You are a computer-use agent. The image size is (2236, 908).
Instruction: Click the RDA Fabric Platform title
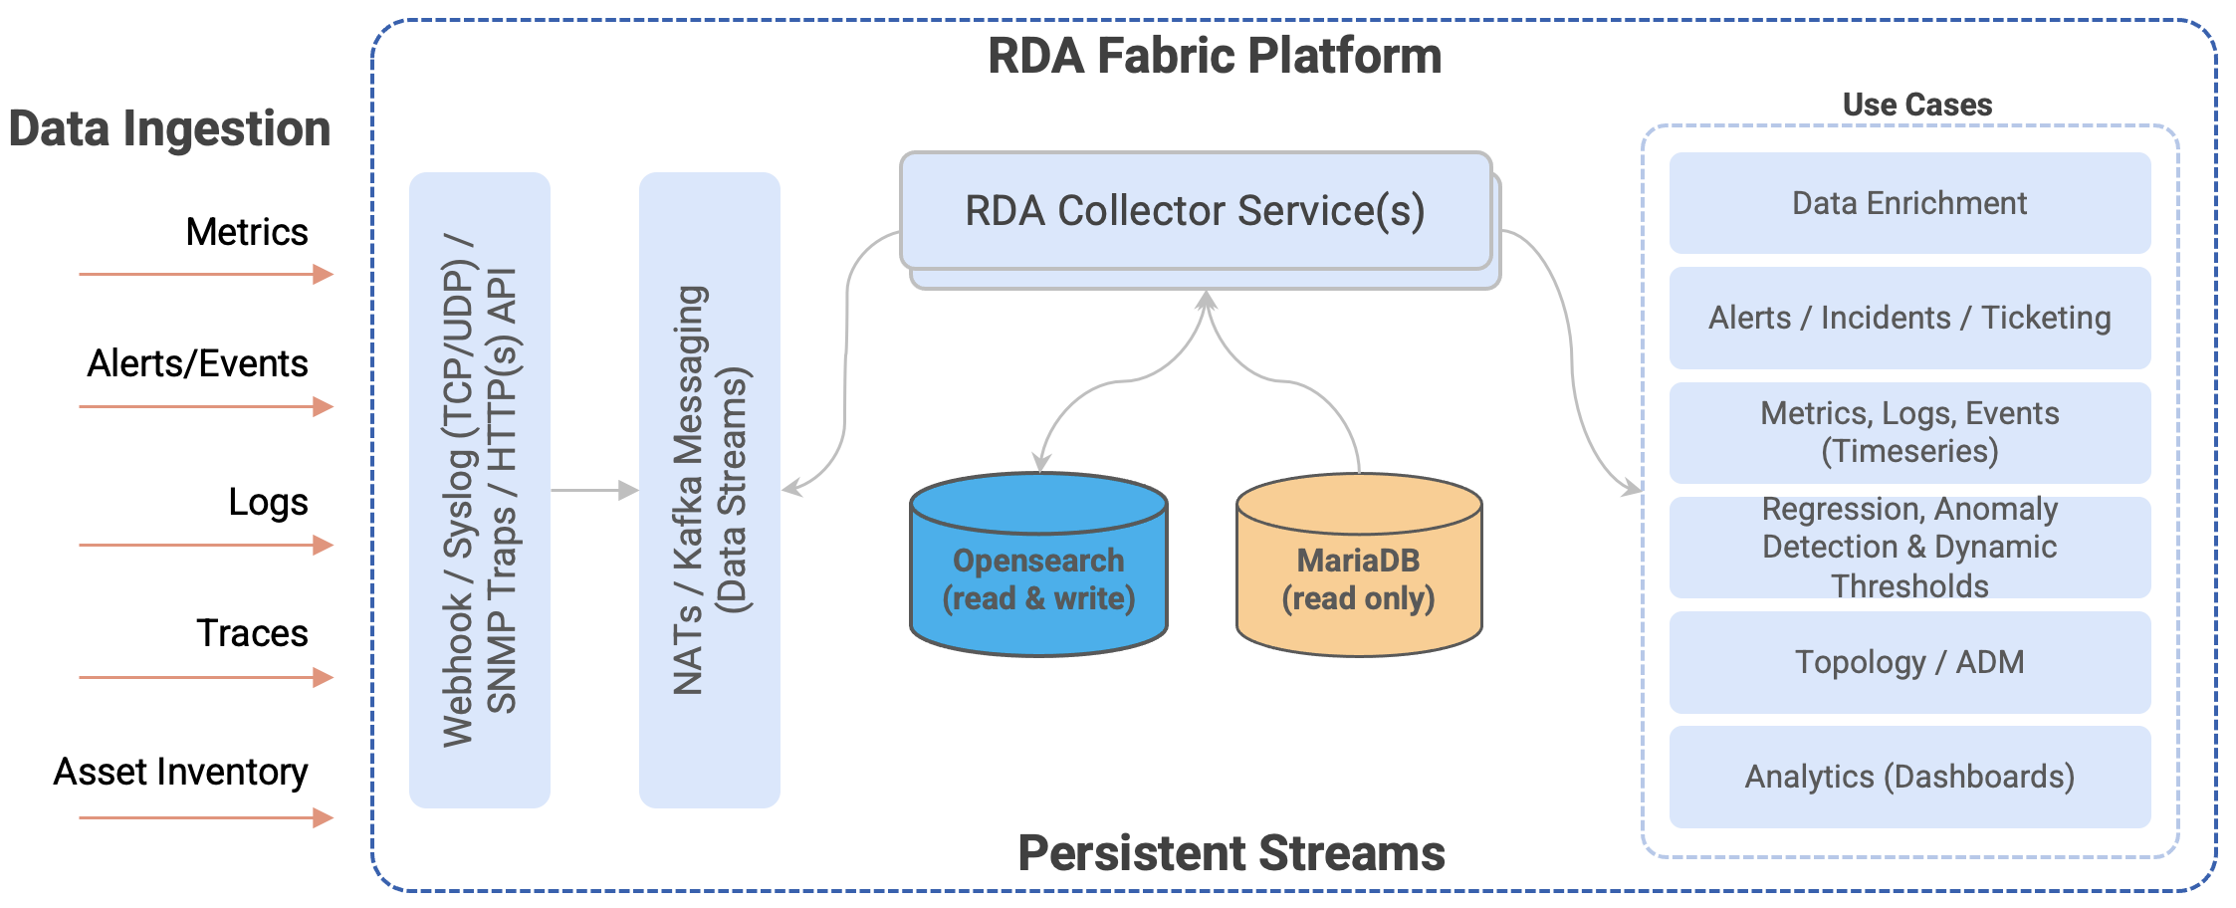[x=1214, y=56]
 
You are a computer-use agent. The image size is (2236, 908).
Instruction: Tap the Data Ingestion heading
[x=169, y=129]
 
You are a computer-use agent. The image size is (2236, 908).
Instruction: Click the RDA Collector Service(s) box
[x=1195, y=211]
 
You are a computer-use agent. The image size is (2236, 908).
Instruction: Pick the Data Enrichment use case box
[x=1909, y=203]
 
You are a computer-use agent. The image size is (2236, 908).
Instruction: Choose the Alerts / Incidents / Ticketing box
[x=1909, y=318]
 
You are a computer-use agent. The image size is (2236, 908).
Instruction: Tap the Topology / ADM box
[x=1909, y=662]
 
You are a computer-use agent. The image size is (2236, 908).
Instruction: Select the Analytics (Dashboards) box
[x=1909, y=777]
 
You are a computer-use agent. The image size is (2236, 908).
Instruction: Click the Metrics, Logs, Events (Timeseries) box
[x=1909, y=432]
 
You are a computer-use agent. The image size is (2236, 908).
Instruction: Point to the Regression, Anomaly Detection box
[x=1909, y=547]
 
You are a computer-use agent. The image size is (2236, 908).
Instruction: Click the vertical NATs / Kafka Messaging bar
[x=709, y=490]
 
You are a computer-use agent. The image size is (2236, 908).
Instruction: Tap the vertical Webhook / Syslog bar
[x=480, y=490]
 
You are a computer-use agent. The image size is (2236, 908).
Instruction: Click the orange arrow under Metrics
[x=205, y=274]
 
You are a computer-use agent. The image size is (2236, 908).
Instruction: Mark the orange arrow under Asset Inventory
[x=205, y=818]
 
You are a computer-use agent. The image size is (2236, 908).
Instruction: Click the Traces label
[x=252, y=633]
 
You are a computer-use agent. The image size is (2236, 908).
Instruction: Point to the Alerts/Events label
[x=197, y=363]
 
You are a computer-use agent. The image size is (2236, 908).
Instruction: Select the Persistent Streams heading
[x=1230, y=853]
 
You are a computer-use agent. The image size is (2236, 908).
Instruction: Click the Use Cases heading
[x=1916, y=105]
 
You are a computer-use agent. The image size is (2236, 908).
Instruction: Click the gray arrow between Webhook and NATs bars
[x=594, y=490]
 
